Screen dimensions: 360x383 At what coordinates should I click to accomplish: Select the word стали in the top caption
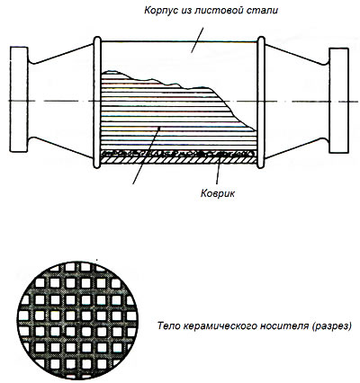coord(265,10)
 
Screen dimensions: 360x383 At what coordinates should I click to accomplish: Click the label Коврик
coord(218,193)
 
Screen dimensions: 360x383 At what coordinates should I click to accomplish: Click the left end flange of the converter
coord(19,99)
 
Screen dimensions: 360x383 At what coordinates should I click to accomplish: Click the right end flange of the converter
coord(339,101)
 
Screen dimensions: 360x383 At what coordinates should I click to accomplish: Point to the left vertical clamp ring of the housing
coord(97,102)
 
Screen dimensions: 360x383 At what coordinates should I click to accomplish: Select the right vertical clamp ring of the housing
coord(261,102)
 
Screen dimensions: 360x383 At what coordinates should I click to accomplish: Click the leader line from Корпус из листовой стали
coord(197,40)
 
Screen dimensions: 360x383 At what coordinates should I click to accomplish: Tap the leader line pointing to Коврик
coord(219,169)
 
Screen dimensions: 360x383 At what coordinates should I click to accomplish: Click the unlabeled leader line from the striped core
coord(147,155)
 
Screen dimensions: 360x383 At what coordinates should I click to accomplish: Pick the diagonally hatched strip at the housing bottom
coord(179,160)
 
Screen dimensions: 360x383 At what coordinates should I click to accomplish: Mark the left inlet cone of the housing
coord(60,101)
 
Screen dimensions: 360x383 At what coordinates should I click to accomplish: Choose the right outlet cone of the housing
coord(297,102)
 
